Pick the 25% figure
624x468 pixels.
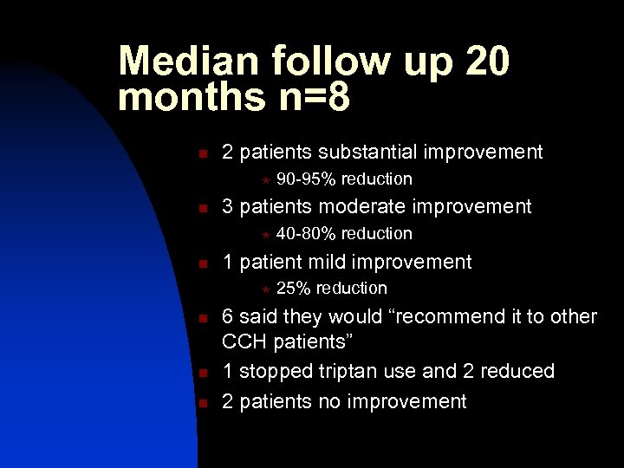pos(294,288)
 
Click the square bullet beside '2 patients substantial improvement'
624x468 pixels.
pos(202,155)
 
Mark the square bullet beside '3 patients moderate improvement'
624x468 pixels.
pos(202,209)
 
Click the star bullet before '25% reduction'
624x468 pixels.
pos(266,289)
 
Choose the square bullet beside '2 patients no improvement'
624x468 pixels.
pos(202,403)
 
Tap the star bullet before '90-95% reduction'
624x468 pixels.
pos(266,180)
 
